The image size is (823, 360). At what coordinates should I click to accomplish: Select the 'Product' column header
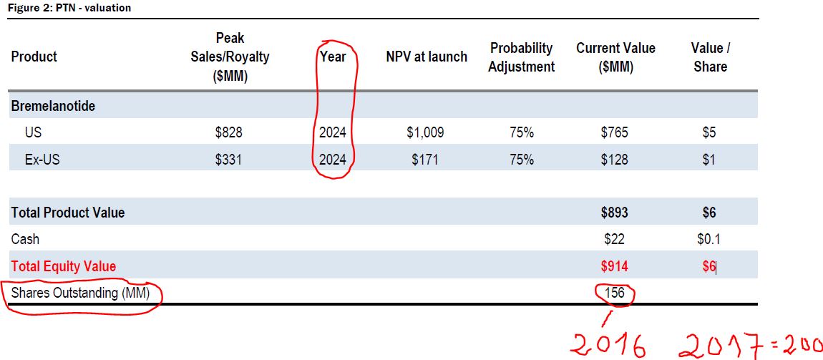click(34, 57)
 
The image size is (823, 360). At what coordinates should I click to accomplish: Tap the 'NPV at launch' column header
click(426, 57)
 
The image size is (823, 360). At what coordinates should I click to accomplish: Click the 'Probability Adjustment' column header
click(521, 57)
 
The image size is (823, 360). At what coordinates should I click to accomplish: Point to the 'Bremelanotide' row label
click(53, 106)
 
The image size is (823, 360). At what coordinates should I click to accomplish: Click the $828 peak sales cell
click(228, 132)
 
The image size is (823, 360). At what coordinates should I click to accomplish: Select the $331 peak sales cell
click(228, 160)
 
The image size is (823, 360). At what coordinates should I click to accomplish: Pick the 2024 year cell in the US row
click(333, 132)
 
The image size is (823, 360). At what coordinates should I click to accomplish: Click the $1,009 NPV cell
click(425, 132)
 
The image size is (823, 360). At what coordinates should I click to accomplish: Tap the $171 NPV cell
click(425, 160)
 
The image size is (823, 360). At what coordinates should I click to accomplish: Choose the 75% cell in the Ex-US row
click(521, 160)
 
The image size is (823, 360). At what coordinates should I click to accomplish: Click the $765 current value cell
click(615, 132)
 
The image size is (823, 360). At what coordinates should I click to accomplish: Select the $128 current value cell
click(615, 160)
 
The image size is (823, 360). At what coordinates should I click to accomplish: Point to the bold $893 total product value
click(615, 213)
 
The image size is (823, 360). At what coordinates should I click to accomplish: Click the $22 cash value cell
click(615, 239)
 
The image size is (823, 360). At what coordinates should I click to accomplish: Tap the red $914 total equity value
click(615, 266)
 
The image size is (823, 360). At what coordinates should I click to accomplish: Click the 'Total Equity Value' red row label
click(64, 266)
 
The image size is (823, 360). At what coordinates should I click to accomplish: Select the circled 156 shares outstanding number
click(615, 293)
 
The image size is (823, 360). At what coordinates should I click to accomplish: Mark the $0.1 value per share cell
click(708, 239)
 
